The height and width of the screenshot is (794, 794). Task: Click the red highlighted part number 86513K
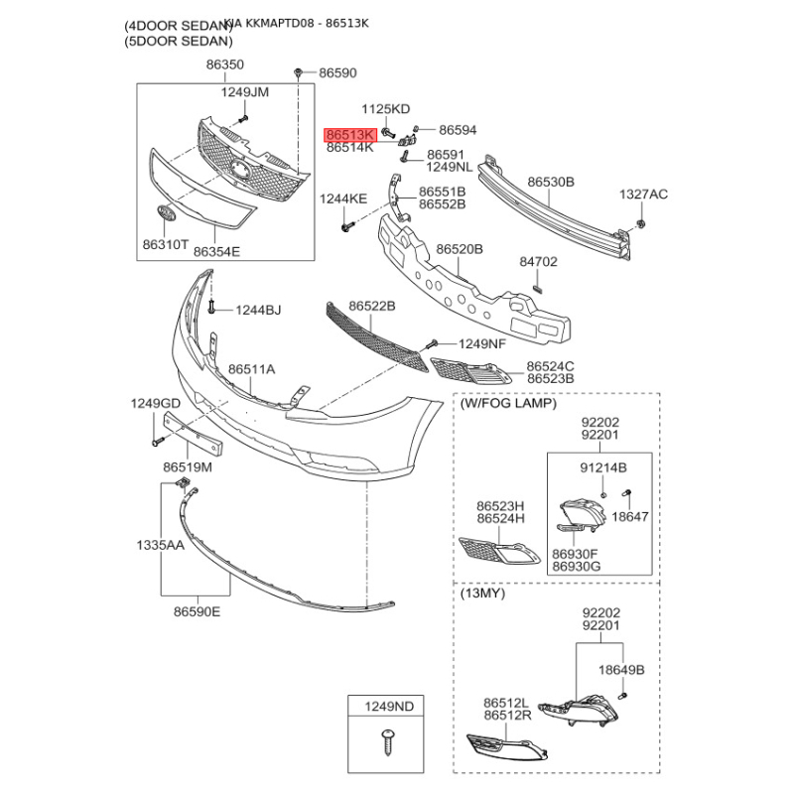click(x=349, y=134)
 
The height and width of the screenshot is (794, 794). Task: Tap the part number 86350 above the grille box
click(x=224, y=65)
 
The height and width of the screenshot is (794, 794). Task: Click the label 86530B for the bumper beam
click(x=551, y=183)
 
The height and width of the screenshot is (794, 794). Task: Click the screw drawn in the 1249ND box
click(x=385, y=739)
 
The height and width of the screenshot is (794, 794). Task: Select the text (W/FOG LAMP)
click(x=508, y=404)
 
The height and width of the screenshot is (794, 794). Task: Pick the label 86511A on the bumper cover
click(x=252, y=369)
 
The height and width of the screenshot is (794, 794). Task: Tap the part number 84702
click(x=539, y=263)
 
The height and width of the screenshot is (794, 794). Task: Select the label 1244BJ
click(x=258, y=311)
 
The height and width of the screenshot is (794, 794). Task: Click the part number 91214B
click(x=602, y=466)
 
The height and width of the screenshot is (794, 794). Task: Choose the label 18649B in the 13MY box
click(x=620, y=670)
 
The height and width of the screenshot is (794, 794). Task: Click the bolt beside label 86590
click(x=298, y=72)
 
